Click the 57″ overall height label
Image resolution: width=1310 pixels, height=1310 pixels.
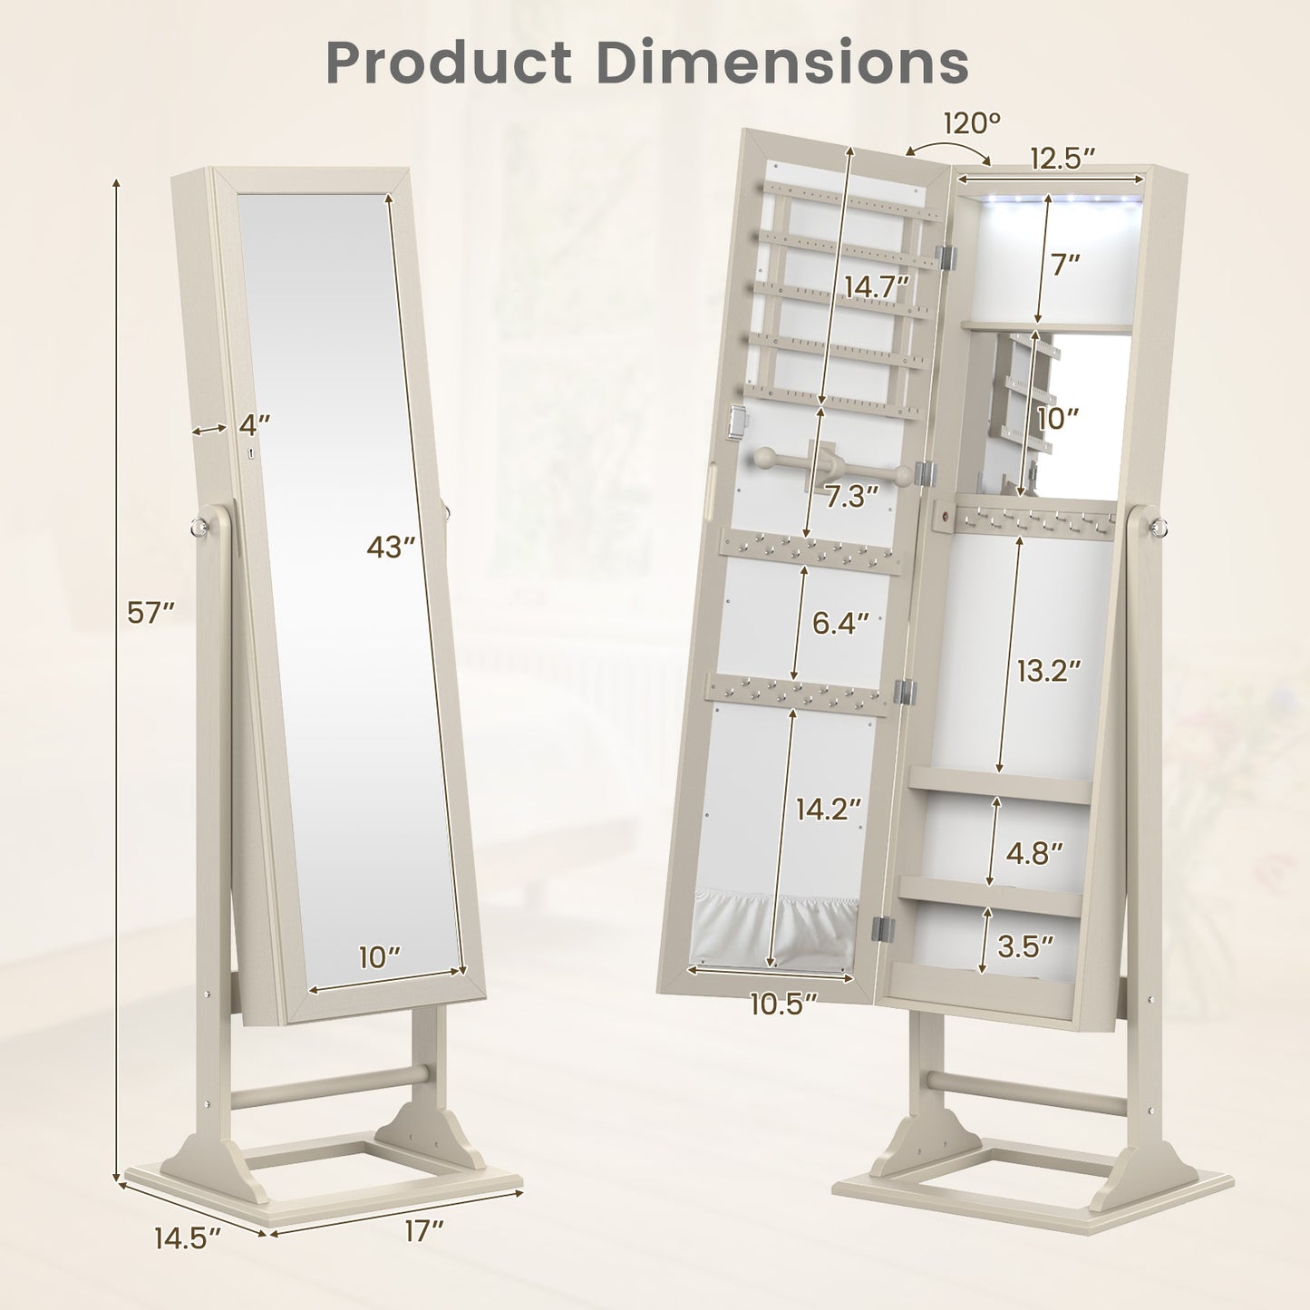pos(150,614)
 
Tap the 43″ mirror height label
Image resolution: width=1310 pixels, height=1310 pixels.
pos(391,546)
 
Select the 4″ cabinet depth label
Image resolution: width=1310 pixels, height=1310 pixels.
pos(255,425)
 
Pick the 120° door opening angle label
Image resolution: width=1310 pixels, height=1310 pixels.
pos(972,123)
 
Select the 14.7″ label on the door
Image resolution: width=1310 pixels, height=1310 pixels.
pos(877,287)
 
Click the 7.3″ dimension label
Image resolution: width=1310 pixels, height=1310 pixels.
pos(852,497)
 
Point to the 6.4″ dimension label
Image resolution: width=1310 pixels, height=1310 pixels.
pos(841,624)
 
